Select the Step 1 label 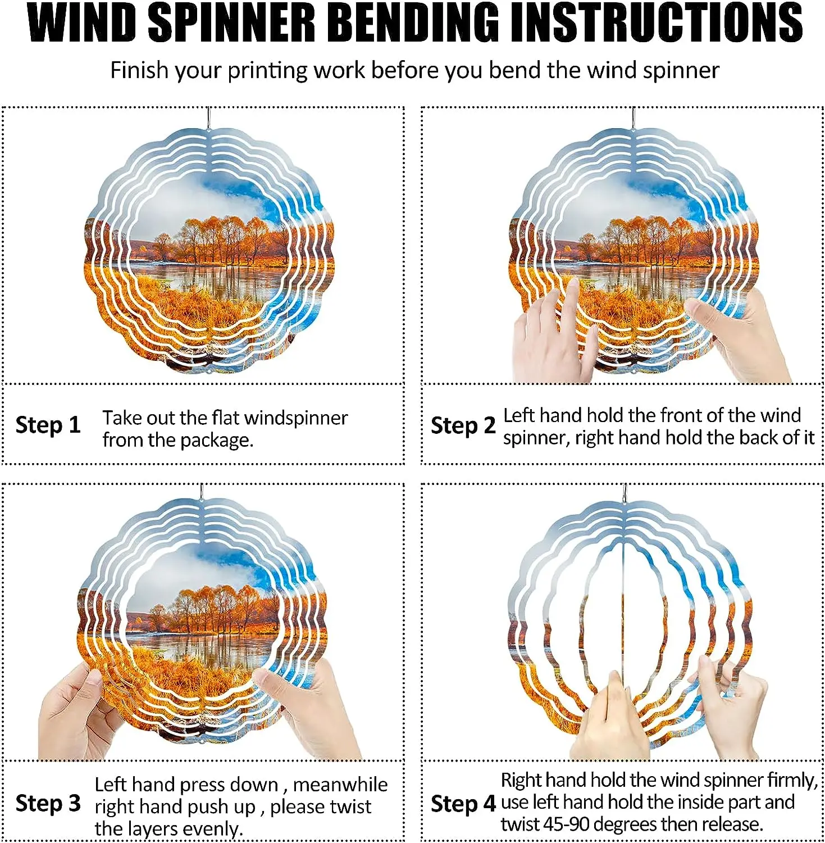point(48,425)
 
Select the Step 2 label point(463,425)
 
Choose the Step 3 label point(48,803)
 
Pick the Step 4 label point(463,804)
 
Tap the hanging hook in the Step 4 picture point(625,493)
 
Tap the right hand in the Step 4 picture point(730,708)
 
